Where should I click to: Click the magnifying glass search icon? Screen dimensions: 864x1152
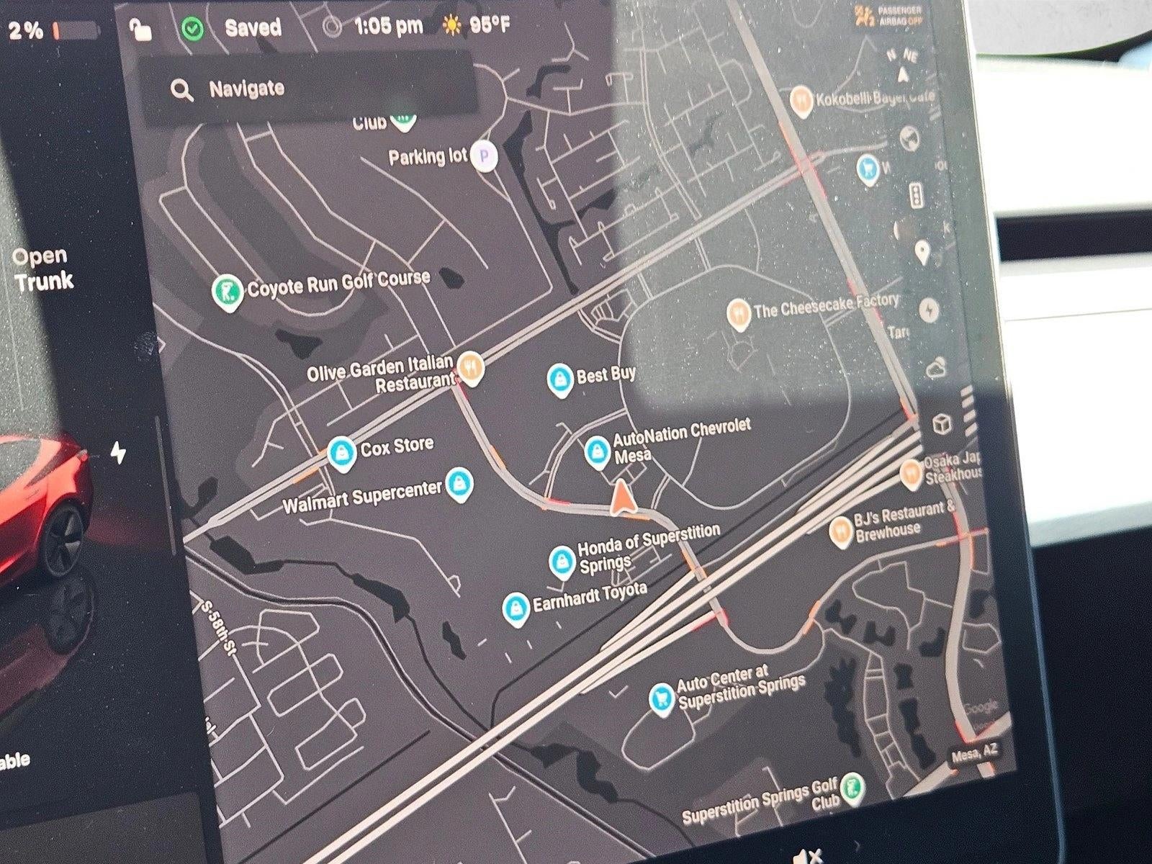tap(181, 90)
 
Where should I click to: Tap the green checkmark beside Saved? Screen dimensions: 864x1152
tap(192, 30)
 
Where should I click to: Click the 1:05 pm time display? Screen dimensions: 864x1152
tap(388, 27)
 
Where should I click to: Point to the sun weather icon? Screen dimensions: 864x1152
tap(452, 26)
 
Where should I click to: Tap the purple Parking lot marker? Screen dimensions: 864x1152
tap(485, 156)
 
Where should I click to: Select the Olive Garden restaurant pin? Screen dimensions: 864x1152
tap(470, 366)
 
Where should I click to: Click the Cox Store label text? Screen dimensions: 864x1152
tap(397, 447)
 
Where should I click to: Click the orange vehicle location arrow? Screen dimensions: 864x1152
tap(621, 499)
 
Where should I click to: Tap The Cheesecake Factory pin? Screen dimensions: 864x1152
tap(738, 313)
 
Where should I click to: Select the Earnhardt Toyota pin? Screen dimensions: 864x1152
tap(514, 608)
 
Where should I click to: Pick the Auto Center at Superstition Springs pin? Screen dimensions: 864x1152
tap(661, 697)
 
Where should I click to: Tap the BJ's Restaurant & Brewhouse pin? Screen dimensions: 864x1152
tap(840, 532)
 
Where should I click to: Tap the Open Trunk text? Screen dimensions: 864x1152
tap(42, 269)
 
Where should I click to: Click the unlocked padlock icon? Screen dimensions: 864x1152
tap(140, 31)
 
